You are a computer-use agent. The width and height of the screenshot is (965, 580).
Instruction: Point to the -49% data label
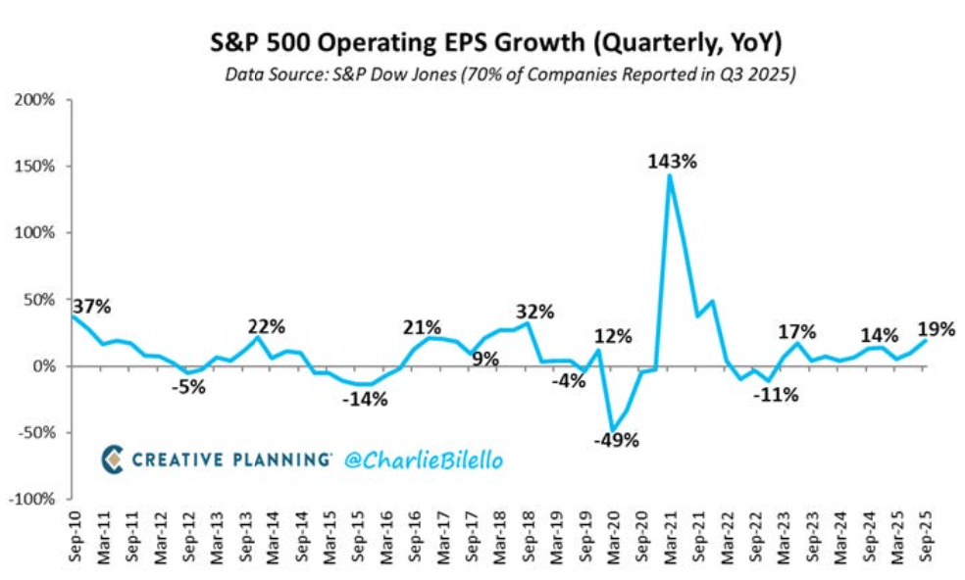(x=617, y=440)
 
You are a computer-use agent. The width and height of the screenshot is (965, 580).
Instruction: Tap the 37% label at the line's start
(x=91, y=307)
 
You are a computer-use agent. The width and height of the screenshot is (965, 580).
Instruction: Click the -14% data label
(x=365, y=399)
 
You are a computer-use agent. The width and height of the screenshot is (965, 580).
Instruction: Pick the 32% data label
(x=535, y=313)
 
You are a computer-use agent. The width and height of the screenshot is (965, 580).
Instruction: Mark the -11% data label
(x=777, y=395)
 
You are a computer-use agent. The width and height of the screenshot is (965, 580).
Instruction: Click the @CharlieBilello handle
(x=423, y=459)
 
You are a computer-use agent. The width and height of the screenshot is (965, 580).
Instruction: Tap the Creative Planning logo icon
(x=114, y=459)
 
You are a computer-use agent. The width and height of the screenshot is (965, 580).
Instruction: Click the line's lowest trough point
(x=613, y=430)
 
